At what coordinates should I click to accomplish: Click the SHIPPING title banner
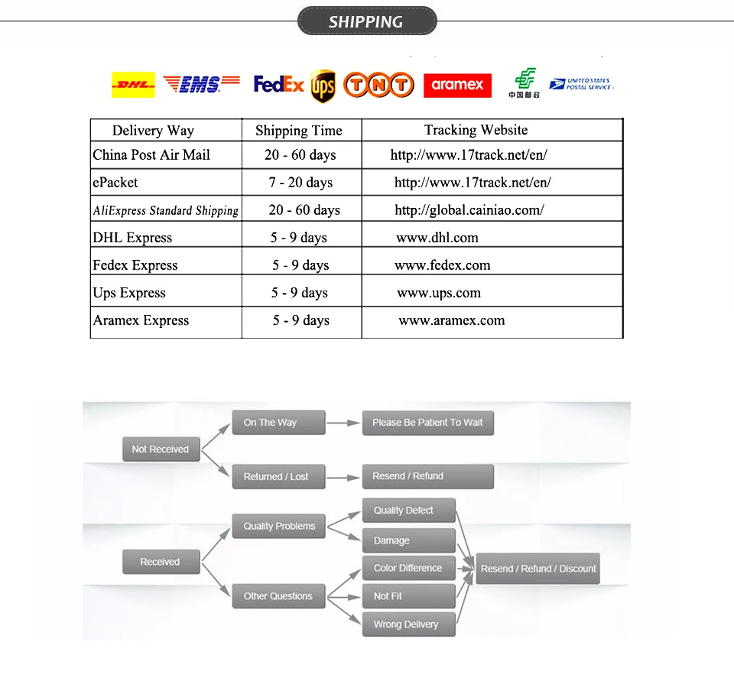pos(366,21)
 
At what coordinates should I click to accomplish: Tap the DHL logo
pos(133,85)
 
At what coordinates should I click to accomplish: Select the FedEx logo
pos(279,84)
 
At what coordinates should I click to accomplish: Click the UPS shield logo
pos(323,86)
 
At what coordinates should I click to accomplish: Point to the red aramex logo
pos(457,85)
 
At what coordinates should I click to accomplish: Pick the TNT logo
pos(379,85)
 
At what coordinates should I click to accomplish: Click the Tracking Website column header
pos(476,130)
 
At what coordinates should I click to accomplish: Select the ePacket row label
pos(115,183)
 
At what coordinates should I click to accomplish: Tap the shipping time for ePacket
pos(300,183)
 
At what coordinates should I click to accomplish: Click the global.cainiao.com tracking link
pos(469,210)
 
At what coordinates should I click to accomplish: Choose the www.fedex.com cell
pos(443,265)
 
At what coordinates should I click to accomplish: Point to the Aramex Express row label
pos(141,320)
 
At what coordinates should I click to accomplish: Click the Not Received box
pos(161,449)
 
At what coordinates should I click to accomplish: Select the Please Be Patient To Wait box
pos(427,423)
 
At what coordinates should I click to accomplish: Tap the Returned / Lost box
pos(276,476)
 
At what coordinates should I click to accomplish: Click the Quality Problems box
pos(279,526)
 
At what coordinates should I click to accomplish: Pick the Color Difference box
pos(408,568)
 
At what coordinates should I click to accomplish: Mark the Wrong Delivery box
pos(406,625)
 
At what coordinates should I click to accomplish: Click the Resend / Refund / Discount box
pos(538,569)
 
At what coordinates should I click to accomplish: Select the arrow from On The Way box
pos(343,423)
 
